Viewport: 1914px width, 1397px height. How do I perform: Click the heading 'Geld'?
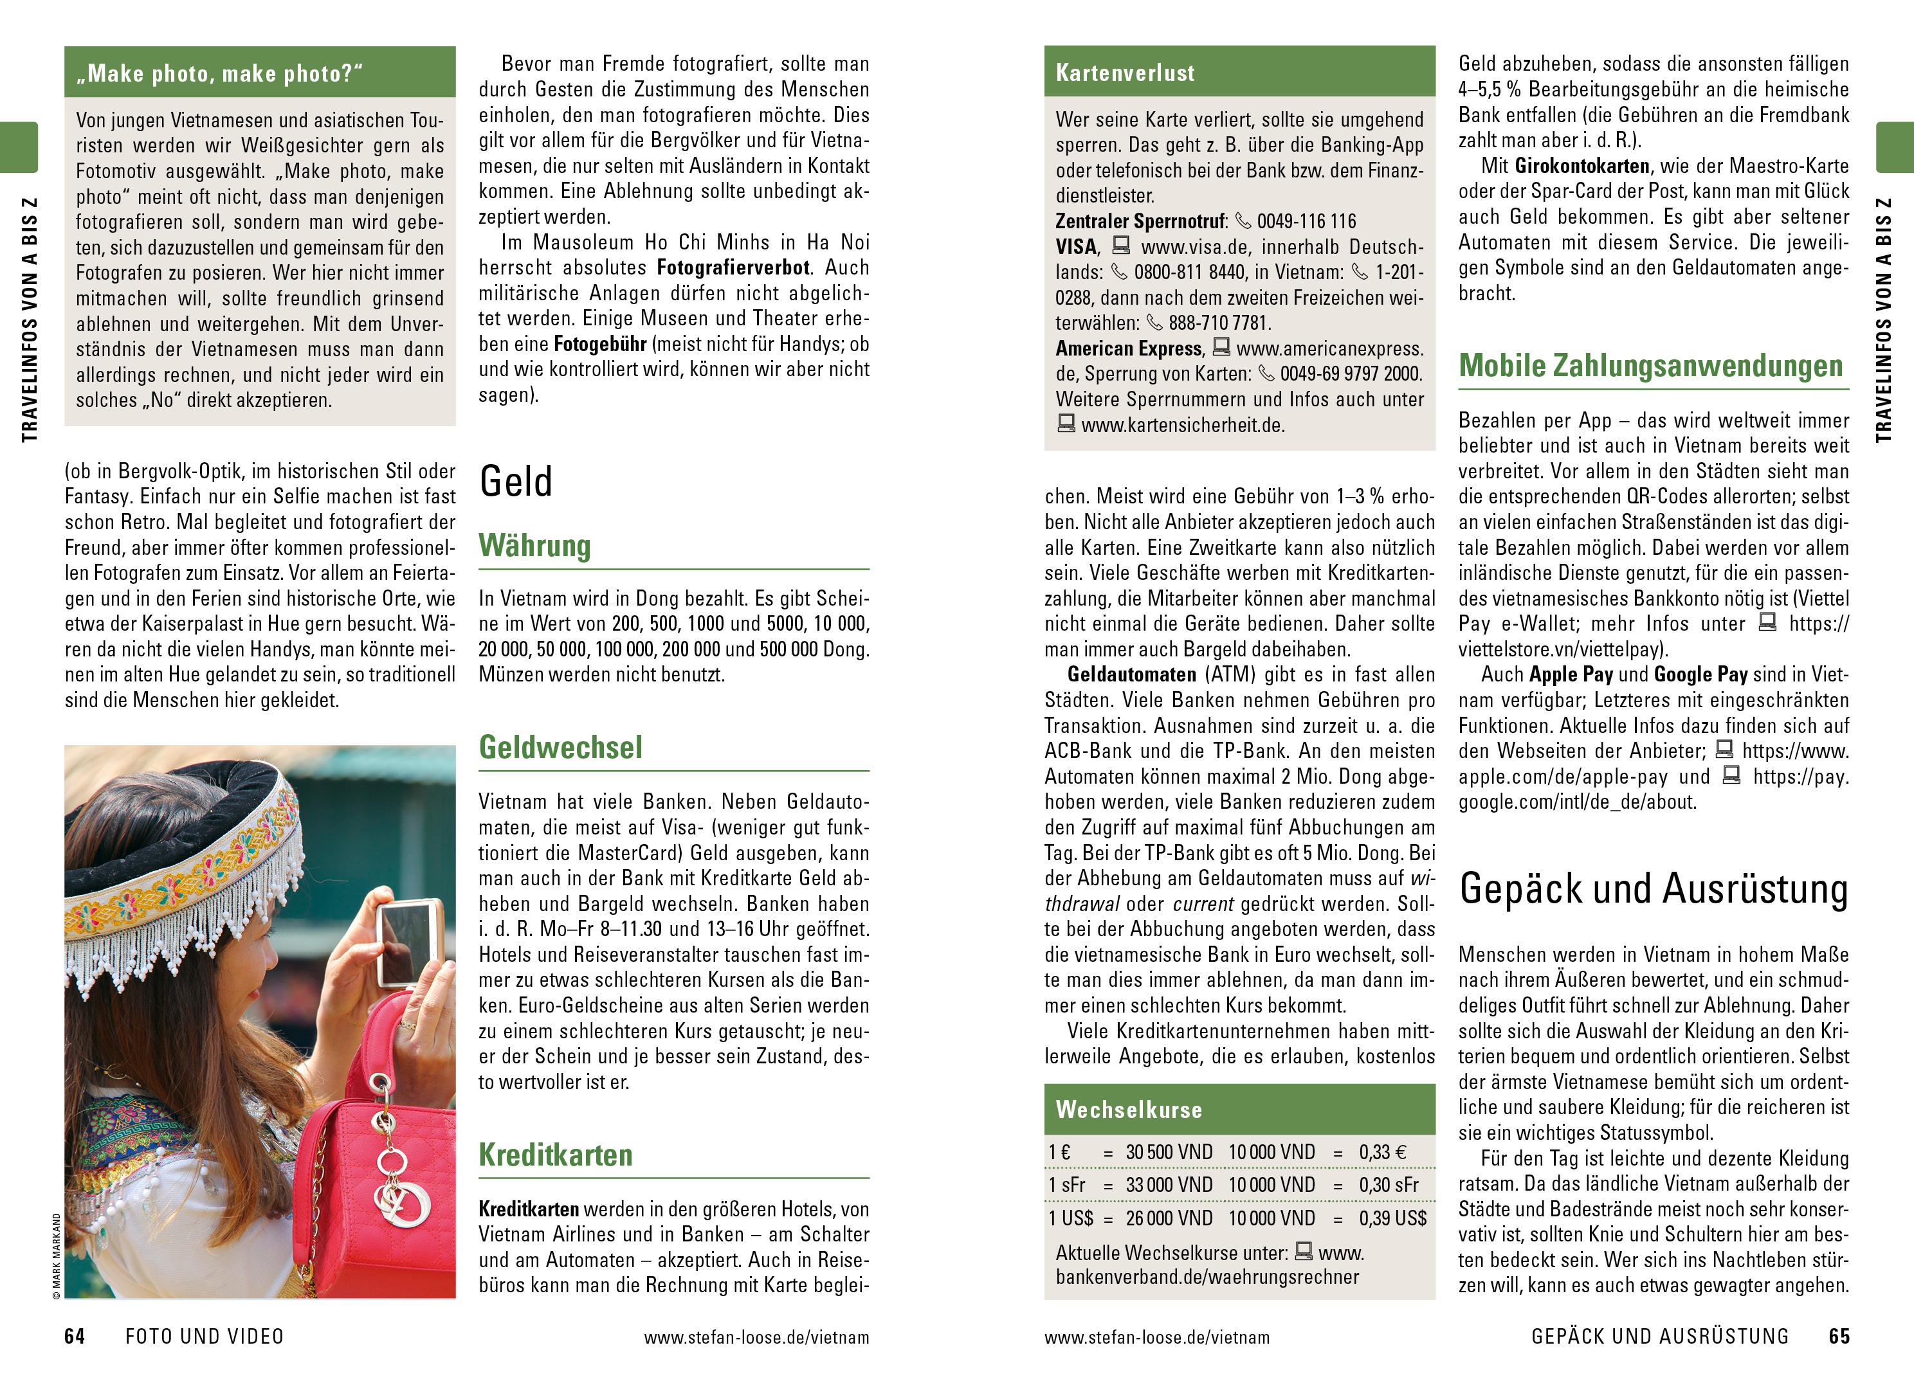(x=515, y=482)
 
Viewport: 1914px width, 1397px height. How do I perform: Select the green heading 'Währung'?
(x=534, y=546)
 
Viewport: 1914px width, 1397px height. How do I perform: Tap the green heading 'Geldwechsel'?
(x=560, y=748)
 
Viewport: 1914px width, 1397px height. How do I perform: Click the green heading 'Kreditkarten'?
(x=555, y=1155)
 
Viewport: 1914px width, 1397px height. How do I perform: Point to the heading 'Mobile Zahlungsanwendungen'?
(x=1650, y=366)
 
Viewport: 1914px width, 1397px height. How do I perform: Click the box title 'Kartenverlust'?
(x=1125, y=73)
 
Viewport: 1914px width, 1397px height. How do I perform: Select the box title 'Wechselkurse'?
(x=1128, y=1110)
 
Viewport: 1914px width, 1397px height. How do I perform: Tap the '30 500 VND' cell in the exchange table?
(x=1168, y=1153)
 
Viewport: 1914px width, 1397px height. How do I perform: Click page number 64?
(x=75, y=1336)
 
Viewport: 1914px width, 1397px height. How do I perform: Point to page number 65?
(x=1839, y=1336)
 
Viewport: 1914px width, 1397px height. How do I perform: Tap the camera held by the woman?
(x=408, y=942)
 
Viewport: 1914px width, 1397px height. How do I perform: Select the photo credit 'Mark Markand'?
(x=57, y=1255)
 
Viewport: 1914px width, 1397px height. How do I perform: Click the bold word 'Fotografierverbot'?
(x=733, y=268)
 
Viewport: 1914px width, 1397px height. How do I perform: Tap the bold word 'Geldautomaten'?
(x=1131, y=675)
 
